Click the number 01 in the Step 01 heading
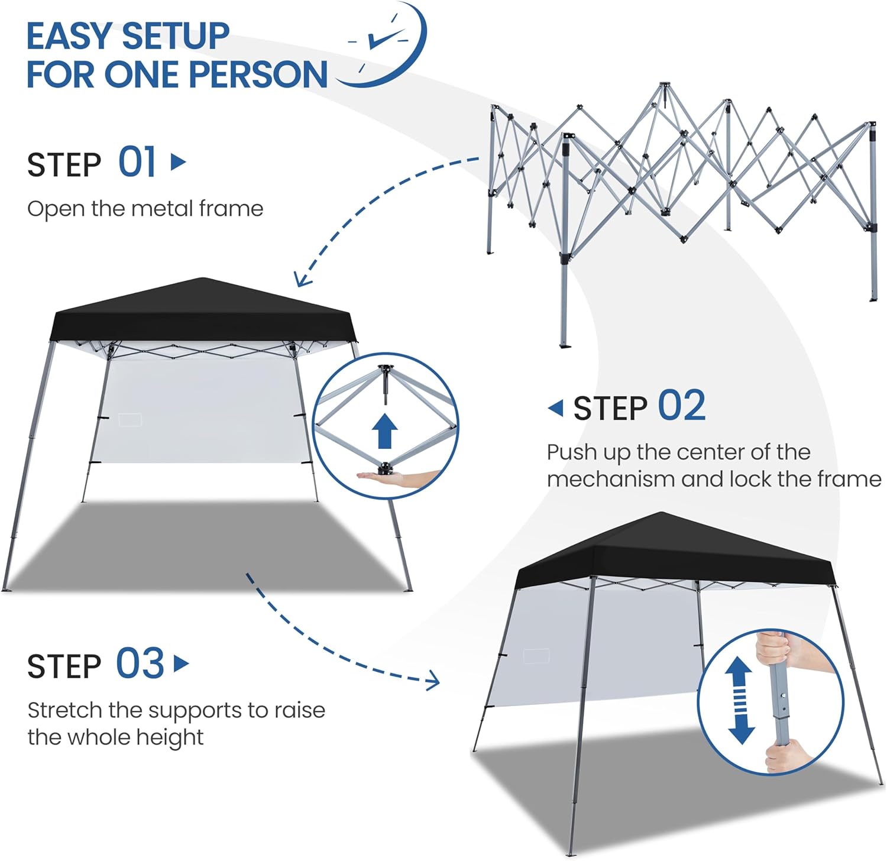pos(137,162)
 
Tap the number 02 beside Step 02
pos(682,406)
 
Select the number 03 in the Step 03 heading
pos(140,663)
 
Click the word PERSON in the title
pos(258,75)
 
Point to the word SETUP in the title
pos(177,36)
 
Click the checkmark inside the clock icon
pos(387,38)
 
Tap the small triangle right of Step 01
pos(178,161)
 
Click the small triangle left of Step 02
pos(555,407)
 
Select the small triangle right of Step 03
pos(182,663)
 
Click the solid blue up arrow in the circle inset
pos(386,430)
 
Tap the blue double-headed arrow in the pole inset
pos(740,701)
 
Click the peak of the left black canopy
pos(203,279)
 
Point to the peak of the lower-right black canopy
pos(661,513)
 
